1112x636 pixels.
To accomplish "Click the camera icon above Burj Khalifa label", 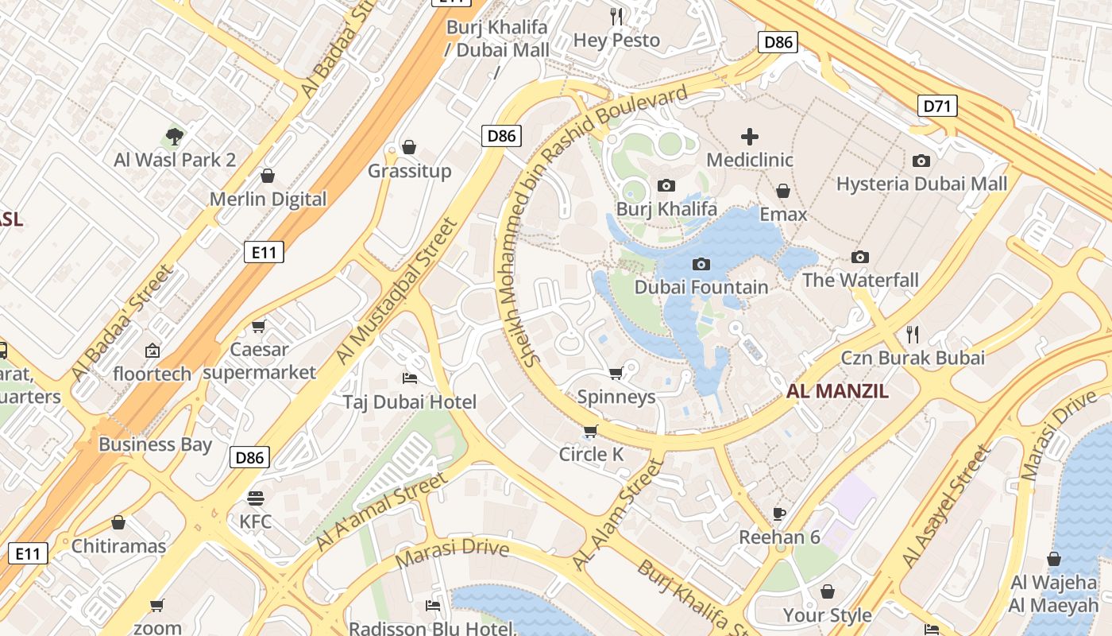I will coord(666,185).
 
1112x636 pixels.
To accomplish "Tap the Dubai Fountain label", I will coord(701,287).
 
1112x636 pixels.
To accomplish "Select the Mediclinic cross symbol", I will coord(749,137).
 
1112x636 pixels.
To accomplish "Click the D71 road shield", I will coord(937,105).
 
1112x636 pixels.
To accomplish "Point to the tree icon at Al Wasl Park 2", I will coord(175,137).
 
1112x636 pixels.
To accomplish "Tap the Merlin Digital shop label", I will coord(268,199).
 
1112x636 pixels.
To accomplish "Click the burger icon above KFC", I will coord(255,498).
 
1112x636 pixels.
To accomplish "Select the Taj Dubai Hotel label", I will coord(410,402).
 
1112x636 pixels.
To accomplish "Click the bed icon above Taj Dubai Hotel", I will coord(410,378).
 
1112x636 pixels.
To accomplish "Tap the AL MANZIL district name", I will coord(837,391).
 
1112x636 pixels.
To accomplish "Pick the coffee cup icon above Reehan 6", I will coord(779,514).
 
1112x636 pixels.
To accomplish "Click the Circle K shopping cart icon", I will coord(590,431).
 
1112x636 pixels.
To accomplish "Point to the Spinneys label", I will coord(616,397).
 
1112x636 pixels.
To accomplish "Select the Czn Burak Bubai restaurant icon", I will coord(913,334).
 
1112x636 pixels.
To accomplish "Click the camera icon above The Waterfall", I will coord(859,257).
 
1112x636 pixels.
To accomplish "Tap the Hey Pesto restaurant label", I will coord(616,40).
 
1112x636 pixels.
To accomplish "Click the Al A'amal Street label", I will coord(381,511).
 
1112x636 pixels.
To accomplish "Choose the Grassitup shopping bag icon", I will coord(409,147).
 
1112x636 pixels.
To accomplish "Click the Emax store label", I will coord(783,215).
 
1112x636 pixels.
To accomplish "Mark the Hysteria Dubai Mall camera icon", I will coord(921,161).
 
